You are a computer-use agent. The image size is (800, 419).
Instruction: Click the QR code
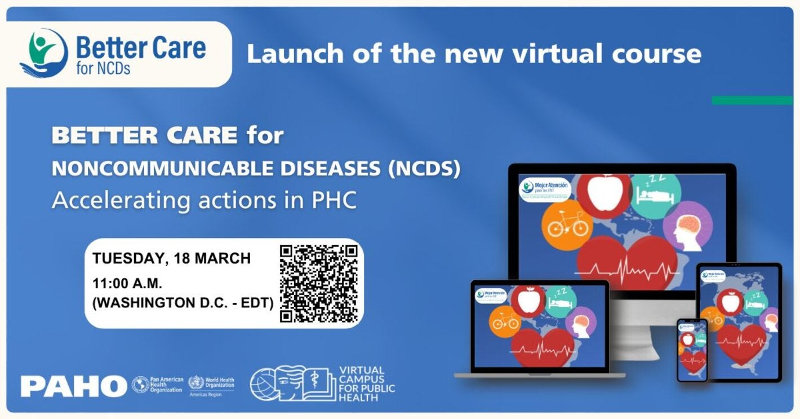click(319, 284)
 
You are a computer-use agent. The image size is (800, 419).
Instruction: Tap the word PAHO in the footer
click(74, 386)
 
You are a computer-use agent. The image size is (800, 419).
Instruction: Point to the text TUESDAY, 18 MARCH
click(172, 258)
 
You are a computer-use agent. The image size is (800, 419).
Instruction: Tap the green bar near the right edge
click(752, 100)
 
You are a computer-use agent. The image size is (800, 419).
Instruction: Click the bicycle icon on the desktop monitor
click(568, 225)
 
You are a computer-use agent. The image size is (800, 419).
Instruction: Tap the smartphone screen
click(692, 350)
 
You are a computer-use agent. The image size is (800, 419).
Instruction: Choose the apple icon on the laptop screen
click(528, 300)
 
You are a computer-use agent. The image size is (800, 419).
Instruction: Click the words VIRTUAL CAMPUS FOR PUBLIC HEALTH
click(366, 384)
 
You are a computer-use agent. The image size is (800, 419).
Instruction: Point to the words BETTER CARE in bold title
click(144, 136)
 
